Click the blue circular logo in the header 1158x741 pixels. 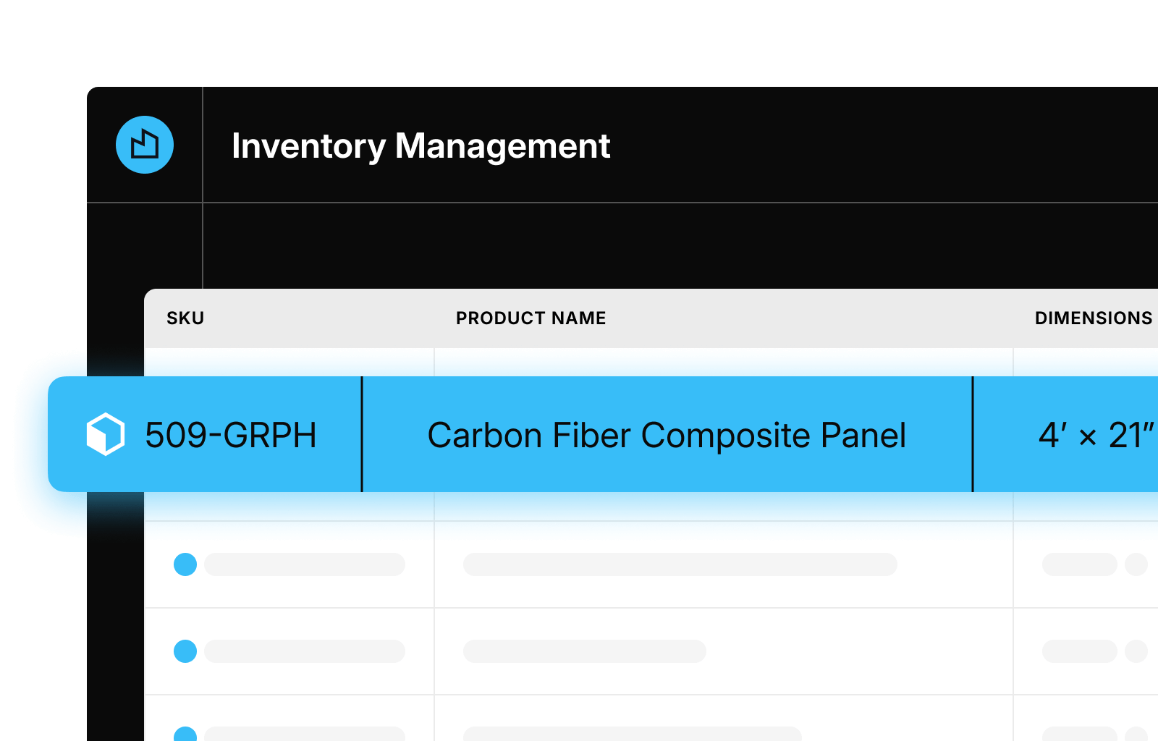click(145, 145)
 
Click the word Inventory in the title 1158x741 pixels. click(308, 146)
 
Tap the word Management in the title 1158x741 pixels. click(502, 145)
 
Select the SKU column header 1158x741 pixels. click(185, 318)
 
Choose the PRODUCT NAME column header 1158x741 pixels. click(531, 318)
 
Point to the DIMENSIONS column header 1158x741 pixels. click(1094, 318)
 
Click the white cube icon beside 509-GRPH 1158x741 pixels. click(106, 434)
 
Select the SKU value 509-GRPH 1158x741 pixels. click(231, 435)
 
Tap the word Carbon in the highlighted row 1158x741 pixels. click(486, 435)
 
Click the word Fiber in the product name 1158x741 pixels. click(591, 435)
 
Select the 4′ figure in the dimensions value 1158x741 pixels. click(1053, 435)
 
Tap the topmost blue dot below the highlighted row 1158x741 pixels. click(185, 564)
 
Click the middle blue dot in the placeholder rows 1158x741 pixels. click(185, 651)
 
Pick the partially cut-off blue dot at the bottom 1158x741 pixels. click(185, 734)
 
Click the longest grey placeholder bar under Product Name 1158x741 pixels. click(680, 564)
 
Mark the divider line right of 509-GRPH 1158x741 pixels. click(362, 434)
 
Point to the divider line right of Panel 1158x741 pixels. click(973, 434)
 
